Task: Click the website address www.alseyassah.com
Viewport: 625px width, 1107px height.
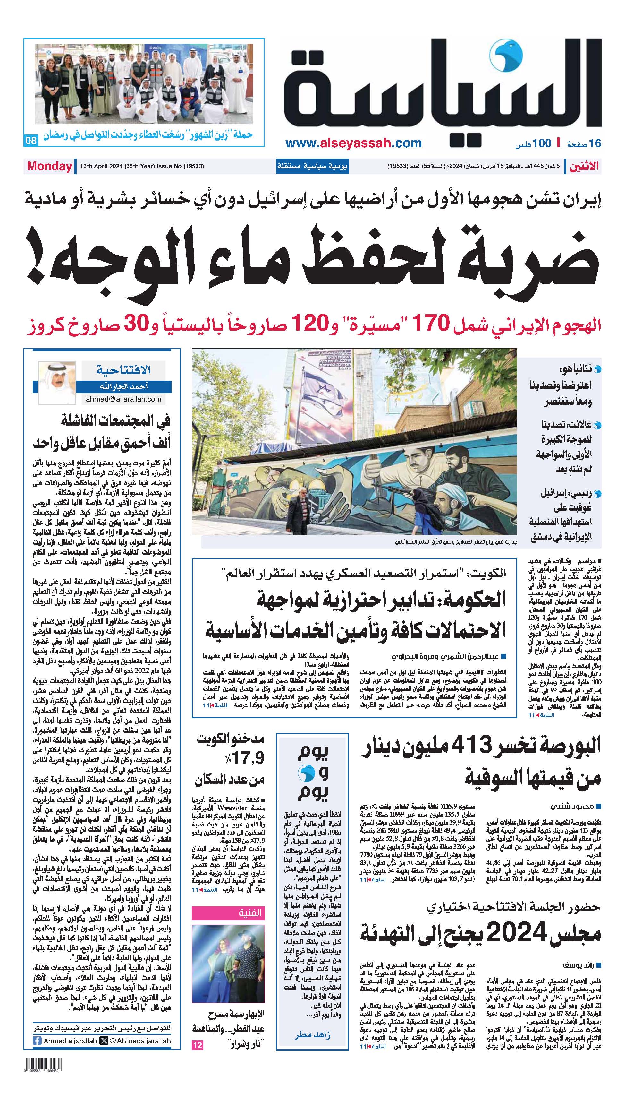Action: click(353, 143)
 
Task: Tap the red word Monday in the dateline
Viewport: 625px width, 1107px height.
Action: click(49, 166)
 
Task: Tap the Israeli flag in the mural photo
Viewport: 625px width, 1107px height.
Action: click(320, 392)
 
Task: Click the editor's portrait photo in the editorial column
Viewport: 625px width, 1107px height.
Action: click(57, 383)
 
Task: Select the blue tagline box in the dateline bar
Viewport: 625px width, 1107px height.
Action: click(312, 166)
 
